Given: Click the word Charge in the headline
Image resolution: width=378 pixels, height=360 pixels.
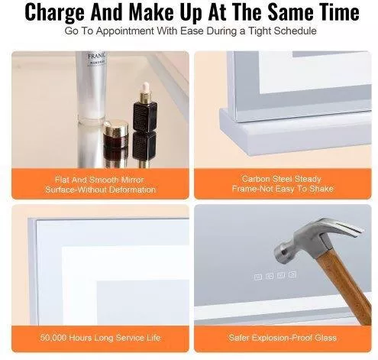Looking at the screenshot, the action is click(x=54, y=12).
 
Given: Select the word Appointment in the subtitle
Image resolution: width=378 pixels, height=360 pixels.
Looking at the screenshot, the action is click(x=124, y=31).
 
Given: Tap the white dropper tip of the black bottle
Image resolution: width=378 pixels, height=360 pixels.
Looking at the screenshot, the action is click(x=146, y=87).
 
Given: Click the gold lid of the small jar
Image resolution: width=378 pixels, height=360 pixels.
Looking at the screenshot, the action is click(x=116, y=128).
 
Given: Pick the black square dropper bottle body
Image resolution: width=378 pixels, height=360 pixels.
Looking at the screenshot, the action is click(x=144, y=116).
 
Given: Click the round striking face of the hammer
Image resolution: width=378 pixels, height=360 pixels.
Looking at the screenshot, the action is click(x=279, y=251).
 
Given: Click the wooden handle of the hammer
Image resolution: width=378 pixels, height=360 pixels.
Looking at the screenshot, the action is click(x=344, y=285).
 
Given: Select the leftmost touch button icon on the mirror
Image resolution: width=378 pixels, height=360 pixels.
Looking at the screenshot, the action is click(x=258, y=277).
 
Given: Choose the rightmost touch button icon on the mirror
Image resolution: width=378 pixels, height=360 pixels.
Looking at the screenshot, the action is click(x=292, y=274).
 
